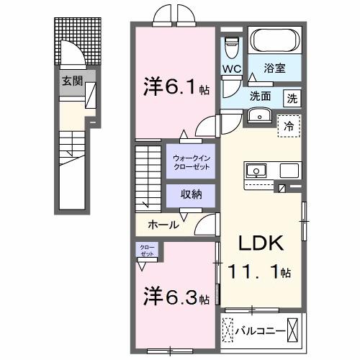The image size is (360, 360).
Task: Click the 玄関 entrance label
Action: (70, 81)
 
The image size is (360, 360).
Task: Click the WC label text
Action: (230, 70)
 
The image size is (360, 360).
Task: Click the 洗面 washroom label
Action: (261, 96)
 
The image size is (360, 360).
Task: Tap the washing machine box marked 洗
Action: (293, 97)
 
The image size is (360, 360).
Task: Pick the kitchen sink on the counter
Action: (256, 171)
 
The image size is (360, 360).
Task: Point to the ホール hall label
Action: (163, 225)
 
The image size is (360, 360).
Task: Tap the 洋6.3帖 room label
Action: (175, 296)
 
